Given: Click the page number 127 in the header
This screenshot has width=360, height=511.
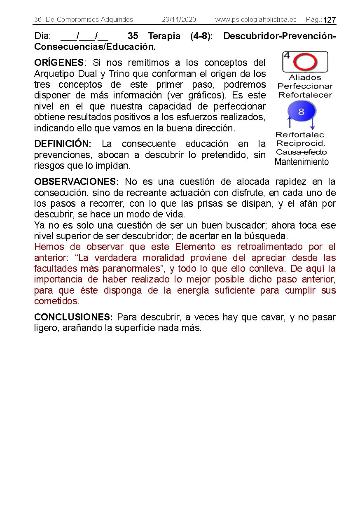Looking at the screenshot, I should (330, 20).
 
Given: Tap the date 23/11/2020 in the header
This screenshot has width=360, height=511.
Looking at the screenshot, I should (179, 20).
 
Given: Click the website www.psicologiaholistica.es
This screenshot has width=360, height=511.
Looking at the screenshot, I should (255, 20).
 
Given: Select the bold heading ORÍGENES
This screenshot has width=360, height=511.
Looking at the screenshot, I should (59, 63).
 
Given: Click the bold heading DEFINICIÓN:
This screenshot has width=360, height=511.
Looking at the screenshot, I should (63, 144).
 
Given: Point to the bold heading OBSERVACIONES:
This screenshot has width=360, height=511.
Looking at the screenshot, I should (77, 182).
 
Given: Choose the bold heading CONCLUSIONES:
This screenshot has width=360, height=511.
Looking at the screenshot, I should (73, 317).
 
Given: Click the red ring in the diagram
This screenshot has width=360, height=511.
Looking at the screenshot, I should (305, 62).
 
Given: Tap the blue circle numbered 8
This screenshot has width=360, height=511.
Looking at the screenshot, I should (301, 112).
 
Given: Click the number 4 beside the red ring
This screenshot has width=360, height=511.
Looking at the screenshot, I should (287, 56).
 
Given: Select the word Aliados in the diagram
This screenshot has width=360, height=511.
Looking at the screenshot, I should (305, 77).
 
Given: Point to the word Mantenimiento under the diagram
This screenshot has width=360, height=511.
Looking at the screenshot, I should (302, 162).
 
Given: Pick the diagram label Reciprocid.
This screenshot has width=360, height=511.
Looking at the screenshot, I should (301, 143).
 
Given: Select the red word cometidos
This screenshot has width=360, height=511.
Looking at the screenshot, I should (56, 301).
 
